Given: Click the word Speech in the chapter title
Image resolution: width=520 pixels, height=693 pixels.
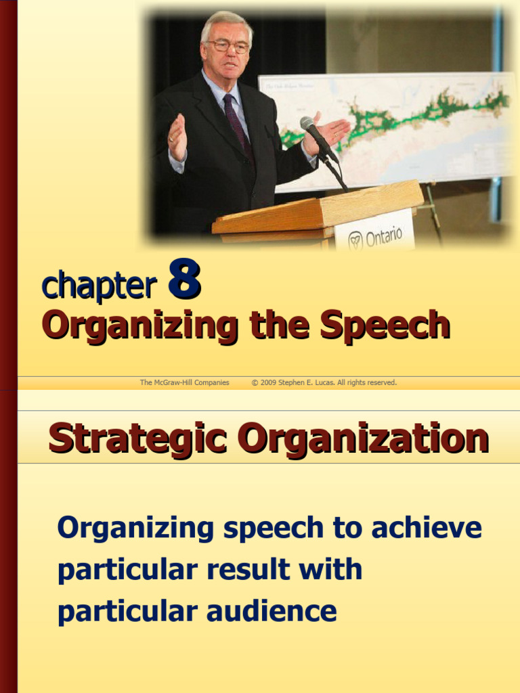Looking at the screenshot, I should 385,326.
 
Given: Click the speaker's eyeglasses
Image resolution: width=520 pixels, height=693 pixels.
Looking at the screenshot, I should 227,47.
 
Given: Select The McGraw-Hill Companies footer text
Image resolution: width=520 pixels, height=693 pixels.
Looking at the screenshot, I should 184,383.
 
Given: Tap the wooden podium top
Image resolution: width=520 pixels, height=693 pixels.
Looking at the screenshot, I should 318,206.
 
